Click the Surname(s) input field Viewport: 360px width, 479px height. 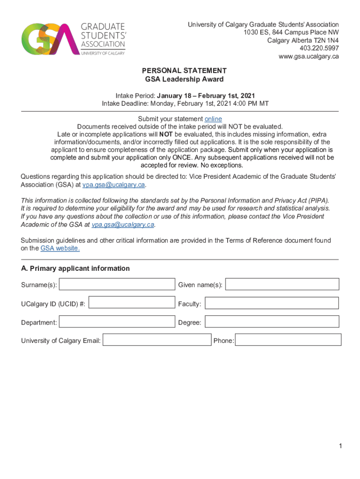coord(117,284)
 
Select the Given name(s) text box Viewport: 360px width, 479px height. coord(282,284)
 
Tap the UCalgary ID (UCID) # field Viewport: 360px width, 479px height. coord(131,303)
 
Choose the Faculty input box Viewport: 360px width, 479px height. coord(272,304)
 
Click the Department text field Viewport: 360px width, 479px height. coord(117,322)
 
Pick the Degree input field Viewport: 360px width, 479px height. coord(272,322)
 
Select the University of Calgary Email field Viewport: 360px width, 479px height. coord(157,340)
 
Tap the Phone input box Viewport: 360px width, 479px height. coord(288,340)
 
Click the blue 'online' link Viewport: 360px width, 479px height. coord(213,119)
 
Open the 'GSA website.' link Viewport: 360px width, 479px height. coord(60,248)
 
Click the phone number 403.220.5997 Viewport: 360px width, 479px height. coord(319,48)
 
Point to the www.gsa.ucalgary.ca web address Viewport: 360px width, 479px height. coord(309,57)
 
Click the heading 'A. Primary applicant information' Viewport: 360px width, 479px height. coord(75,269)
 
